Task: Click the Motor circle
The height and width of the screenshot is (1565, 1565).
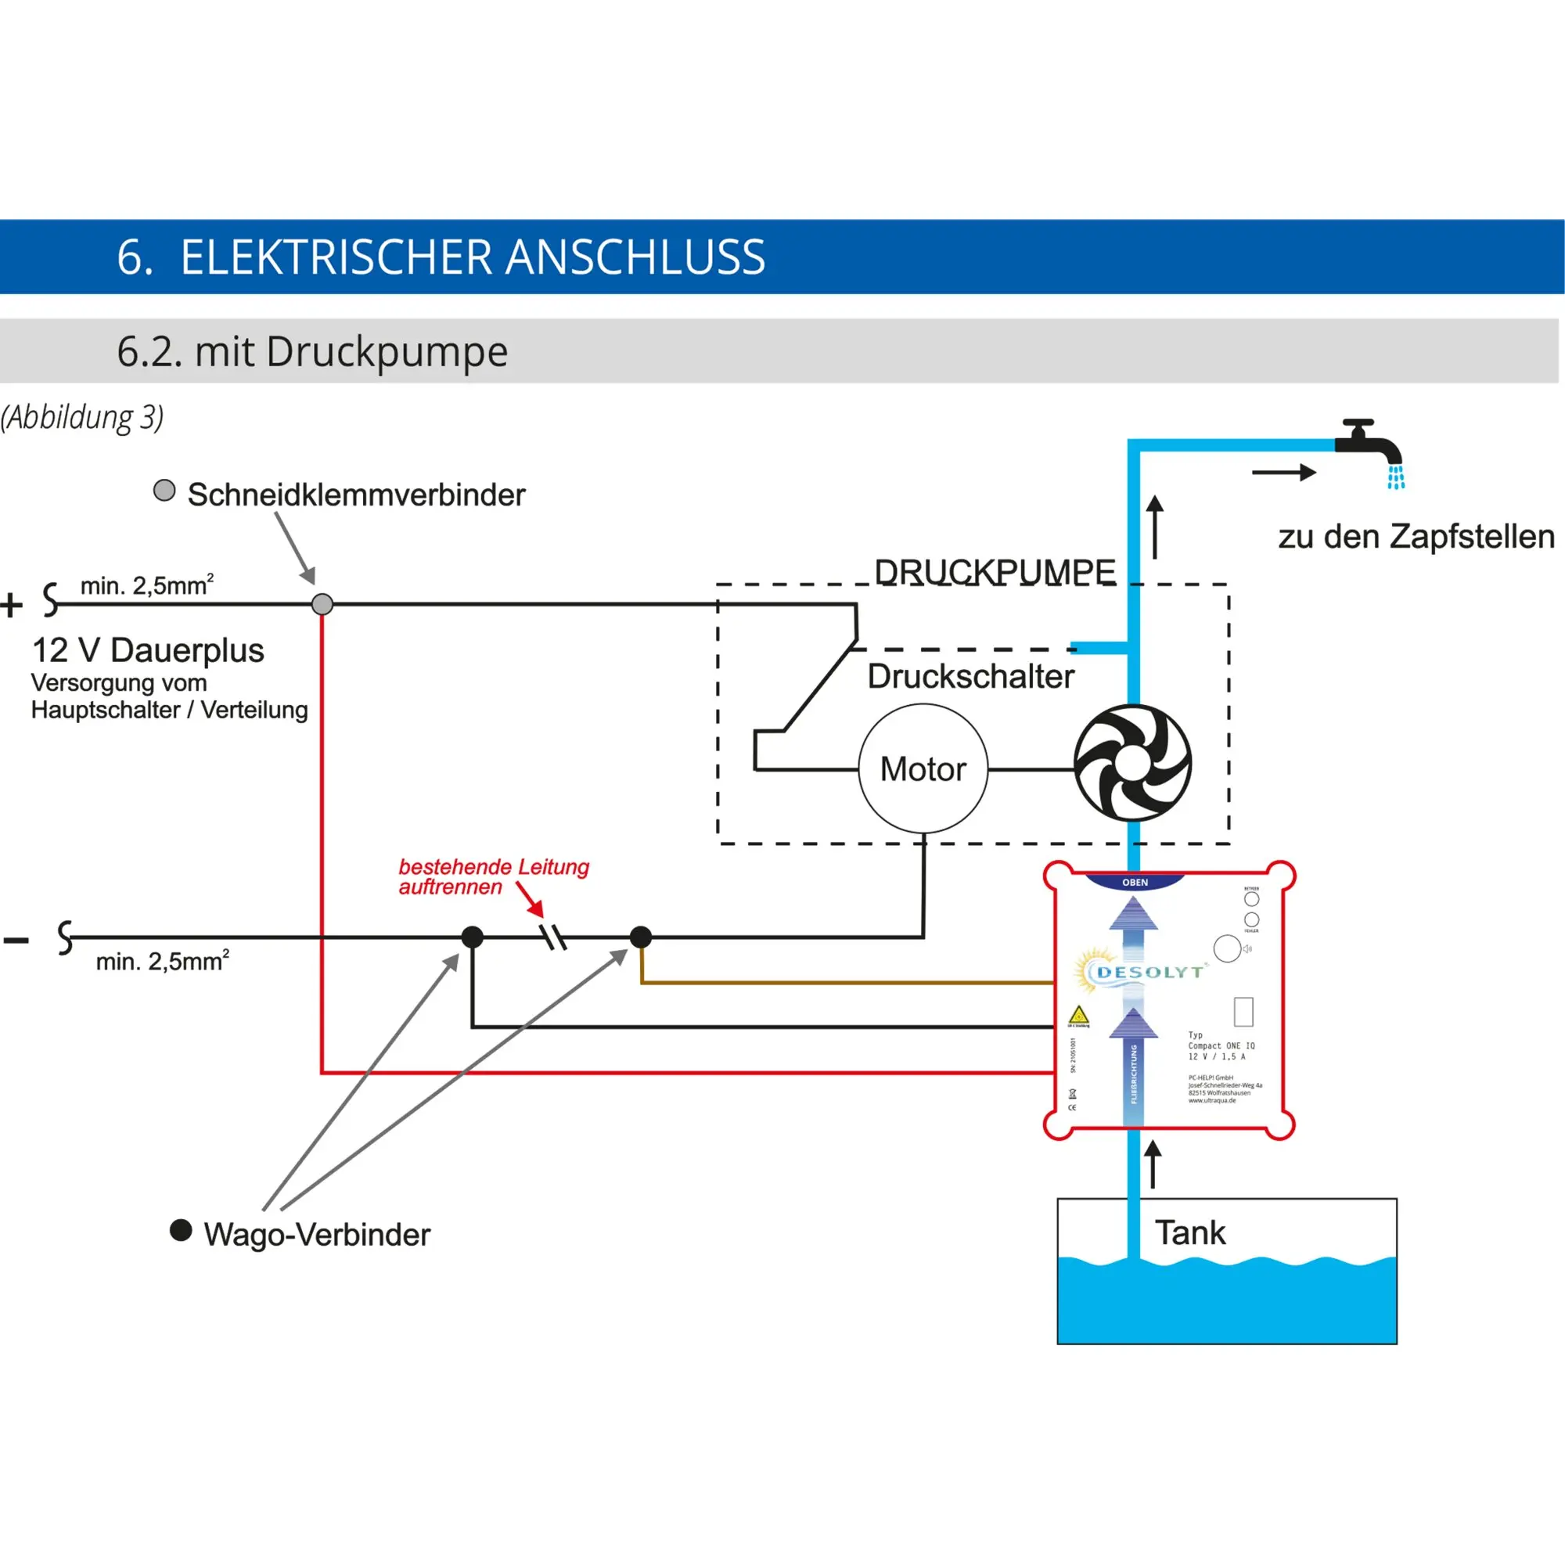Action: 923,768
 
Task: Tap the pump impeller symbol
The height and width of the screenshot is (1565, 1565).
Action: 1131,763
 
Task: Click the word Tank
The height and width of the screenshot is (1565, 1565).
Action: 1189,1232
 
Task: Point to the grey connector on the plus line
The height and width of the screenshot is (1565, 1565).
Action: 322,604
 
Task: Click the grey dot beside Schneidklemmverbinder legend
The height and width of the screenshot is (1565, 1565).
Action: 164,490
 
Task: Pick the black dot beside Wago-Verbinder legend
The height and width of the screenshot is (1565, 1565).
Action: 181,1230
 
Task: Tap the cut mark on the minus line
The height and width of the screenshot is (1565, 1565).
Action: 555,937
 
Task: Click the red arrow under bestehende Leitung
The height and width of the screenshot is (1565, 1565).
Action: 531,900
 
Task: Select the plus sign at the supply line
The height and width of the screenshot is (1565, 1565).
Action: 11,605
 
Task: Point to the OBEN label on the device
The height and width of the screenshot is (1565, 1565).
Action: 1135,882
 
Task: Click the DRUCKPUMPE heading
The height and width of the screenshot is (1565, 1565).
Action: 994,572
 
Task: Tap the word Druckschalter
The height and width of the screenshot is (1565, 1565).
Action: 970,676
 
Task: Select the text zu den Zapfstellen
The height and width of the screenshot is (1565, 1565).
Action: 1416,536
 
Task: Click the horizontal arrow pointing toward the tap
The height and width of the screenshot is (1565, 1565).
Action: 1284,473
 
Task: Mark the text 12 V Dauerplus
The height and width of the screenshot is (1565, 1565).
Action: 148,650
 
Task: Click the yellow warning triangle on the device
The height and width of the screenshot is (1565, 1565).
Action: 1078,1015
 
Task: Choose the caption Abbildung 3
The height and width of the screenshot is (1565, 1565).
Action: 82,417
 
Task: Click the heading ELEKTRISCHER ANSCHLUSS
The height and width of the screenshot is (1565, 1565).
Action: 473,257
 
